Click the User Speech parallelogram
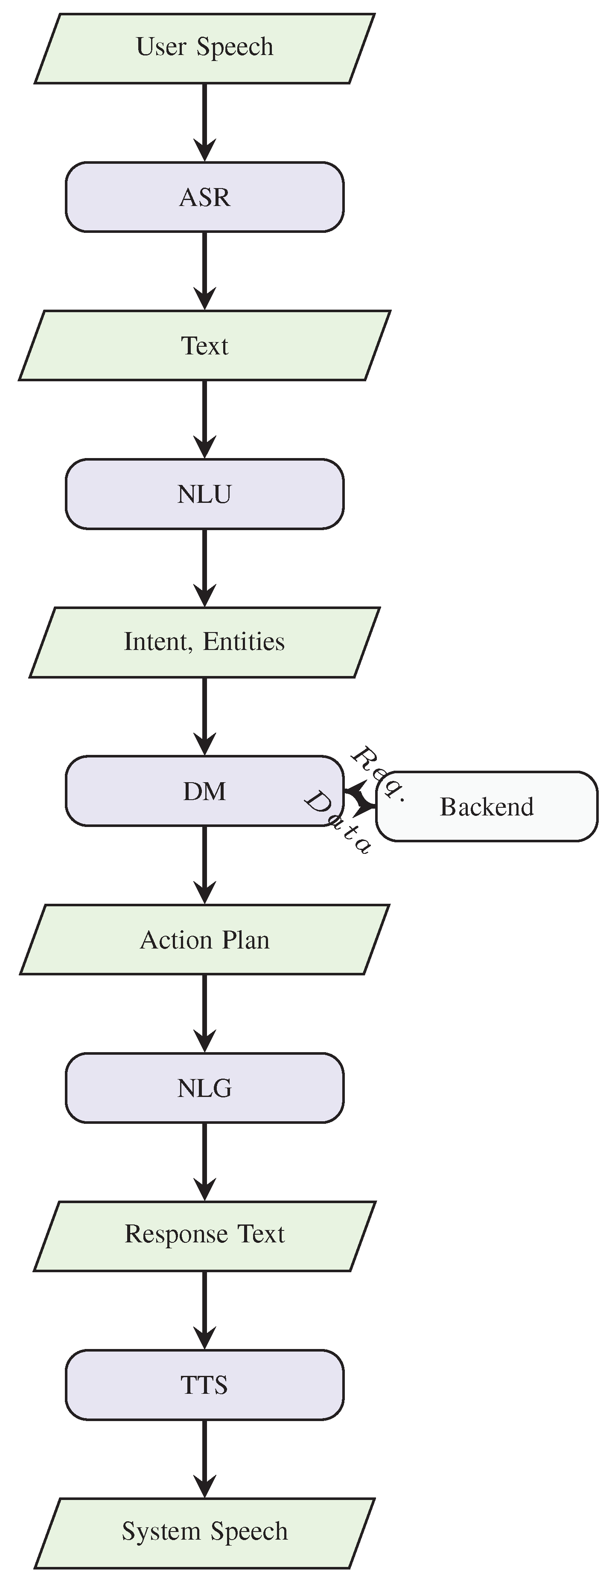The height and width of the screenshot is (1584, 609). click(204, 48)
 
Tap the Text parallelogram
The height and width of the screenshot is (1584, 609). click(204, 345)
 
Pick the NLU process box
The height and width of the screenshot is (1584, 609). click(204, 494)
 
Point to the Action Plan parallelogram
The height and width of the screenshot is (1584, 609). click(204, 940)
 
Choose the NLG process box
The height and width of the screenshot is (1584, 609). click(204, 1088)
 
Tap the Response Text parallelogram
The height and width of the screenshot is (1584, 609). click(204, 1236)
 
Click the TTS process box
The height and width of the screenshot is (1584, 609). click(204, 1385)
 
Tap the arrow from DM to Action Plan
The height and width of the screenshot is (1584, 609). click(204, 864)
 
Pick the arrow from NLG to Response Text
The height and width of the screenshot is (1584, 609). click(204, 1161)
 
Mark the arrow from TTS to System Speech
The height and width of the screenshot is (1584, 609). click(204, 1458)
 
